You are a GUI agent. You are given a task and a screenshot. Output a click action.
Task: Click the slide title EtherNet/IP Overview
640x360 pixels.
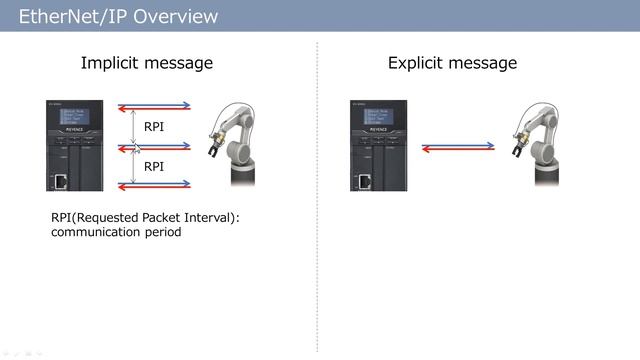pos(118,17)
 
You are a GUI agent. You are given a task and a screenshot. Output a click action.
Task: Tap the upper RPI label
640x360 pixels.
pos(154,127)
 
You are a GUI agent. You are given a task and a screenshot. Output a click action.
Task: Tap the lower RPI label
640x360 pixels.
pos(154,167)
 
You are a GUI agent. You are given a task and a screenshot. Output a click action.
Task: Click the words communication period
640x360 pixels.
pos(116,233)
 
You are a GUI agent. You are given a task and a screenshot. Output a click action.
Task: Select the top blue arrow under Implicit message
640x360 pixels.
pos(154,103)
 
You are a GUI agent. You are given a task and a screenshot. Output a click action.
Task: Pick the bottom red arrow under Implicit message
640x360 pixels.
pos(154,187)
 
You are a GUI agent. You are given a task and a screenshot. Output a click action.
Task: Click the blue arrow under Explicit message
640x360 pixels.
pos(458,144)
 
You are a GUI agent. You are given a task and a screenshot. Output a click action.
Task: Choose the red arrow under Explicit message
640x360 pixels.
pos(458,150)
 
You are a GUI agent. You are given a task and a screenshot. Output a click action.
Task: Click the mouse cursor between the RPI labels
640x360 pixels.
pos(137,149)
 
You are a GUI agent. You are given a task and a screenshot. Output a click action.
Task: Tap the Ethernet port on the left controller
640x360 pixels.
pos(61,180)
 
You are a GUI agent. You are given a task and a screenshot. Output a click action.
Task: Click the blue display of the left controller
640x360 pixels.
pos(72,117)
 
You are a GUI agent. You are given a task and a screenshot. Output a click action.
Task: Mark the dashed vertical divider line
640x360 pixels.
pos(318,200)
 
